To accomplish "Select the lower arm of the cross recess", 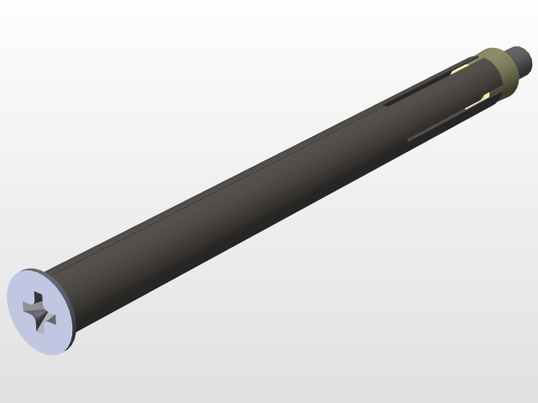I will point(41,321).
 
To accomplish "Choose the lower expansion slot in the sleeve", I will point(446,123).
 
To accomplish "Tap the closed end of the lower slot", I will point(409,139).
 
